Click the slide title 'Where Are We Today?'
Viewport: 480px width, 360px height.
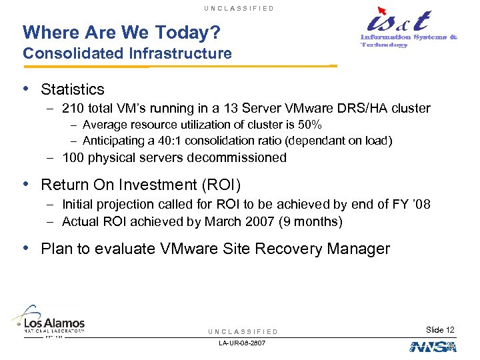coord(121,32)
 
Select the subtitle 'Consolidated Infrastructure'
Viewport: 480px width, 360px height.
coord(127,53)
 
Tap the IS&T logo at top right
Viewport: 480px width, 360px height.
coord(407,29)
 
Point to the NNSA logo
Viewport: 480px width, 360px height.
coord(433,347)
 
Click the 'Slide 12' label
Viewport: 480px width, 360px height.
coord(441,330)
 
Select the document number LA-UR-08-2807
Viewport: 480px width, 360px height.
coord(242,343)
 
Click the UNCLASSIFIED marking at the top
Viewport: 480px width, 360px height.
coord(240,8)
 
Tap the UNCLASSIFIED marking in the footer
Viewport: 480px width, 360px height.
coord(242,331)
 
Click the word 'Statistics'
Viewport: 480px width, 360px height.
coord(73,89)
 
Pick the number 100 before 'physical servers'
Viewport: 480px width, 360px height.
coord(73,158)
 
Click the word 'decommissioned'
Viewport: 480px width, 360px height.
coord(237,158)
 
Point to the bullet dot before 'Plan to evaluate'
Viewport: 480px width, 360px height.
coord(26,249)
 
